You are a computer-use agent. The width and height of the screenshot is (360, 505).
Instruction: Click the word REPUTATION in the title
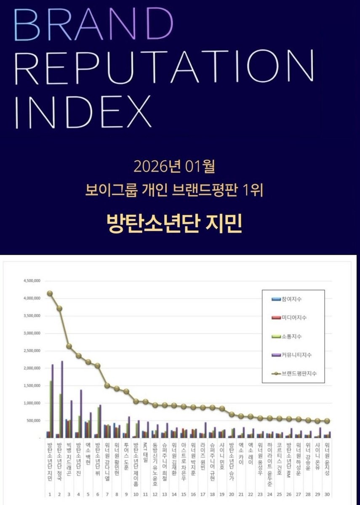pyautogui.click(x=164, y=66)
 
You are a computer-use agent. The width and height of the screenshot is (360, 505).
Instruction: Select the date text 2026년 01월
pyautogui.click(x=174, y=167)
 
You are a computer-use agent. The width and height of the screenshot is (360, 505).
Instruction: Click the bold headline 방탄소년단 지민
pyautogui.click(x=174, y=223)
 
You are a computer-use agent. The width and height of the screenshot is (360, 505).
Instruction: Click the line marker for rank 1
pyautogui.click(x=50, y=293)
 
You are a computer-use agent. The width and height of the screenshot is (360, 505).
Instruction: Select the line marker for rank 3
pyautogui.click(x=69, y=346)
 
